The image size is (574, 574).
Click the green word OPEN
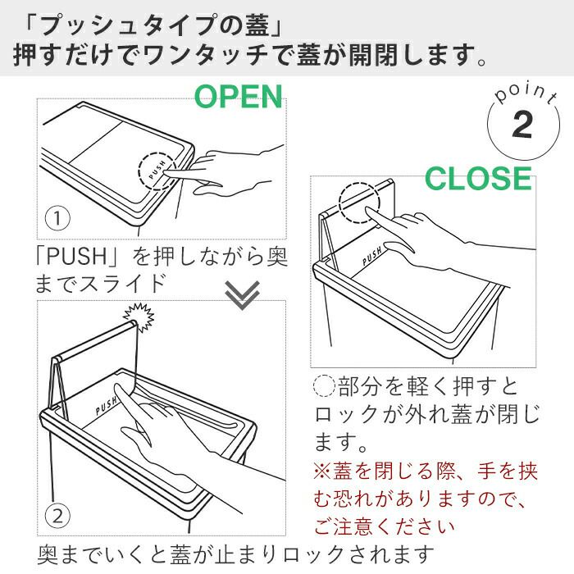pyautogui.click(x=239, y=96)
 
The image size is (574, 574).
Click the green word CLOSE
pyautogui.click(x=478, y=178)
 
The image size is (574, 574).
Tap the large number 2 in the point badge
pyautogui.click(x=522, y=125)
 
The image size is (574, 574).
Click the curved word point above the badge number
pyautogui.click(x=526, y=94)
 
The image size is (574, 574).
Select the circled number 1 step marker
pyautogui.click(x=57, y=219)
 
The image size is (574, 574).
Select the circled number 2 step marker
pyautogui.click(x=57, y=517)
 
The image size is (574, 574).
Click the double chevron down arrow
pyautogui.click(x=243, y=294)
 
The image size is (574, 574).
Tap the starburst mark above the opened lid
pyautogui.click(x=139, y=317)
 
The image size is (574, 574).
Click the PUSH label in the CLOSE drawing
pyautogui.click(x=372, y=256)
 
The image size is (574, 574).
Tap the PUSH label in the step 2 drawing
pyautogui.click(x=107, y=406)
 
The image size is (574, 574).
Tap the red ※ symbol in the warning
pyautogui.click(x=322, y=471)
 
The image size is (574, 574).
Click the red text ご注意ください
pyautogui.click(x=385, y=526)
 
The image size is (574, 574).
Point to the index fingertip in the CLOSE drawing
pyautogui.click(x=367, y=209)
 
